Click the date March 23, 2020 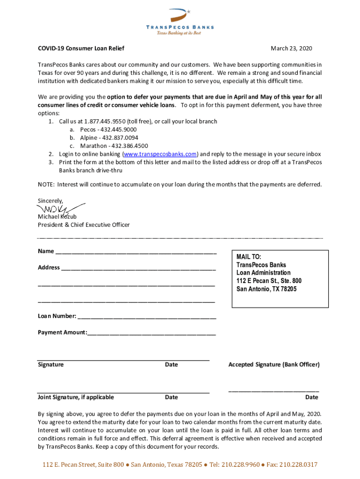coord(291,49)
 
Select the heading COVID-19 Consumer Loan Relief coord(81,49)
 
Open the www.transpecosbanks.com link coord(160,154)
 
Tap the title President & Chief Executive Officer coord(84,225)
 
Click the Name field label coord(46,251)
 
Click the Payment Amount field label coord(62,333)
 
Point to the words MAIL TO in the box coord(249,257)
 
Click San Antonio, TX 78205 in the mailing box coord(266,289)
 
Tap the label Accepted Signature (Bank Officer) coord(274,364)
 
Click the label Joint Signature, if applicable coord(76,397)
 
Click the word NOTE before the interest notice coord(46,184)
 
